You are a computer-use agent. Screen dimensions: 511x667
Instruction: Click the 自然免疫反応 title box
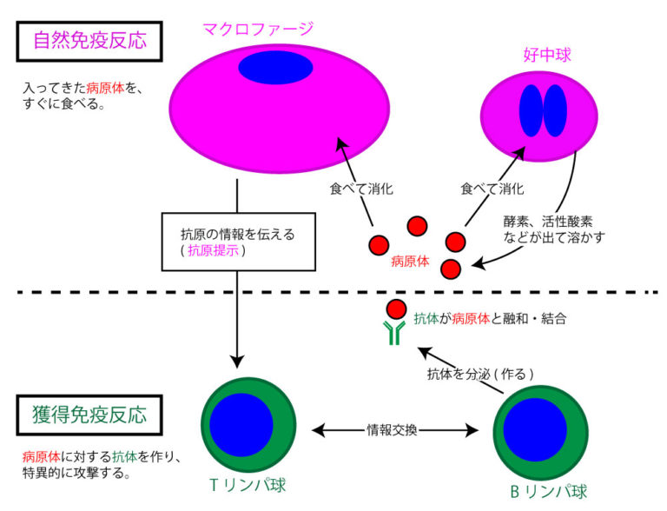[x=89, y=40]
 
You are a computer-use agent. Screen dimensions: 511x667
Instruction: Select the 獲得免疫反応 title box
[x=89, y=415]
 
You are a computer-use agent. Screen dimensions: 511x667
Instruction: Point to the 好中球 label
[x=540, y=58]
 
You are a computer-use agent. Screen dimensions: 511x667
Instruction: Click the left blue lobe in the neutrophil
[x=530, y=110]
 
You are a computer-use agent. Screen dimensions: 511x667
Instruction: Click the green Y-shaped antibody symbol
[x=396, y=332]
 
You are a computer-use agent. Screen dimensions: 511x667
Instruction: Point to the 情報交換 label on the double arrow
[x=393, y=429]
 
